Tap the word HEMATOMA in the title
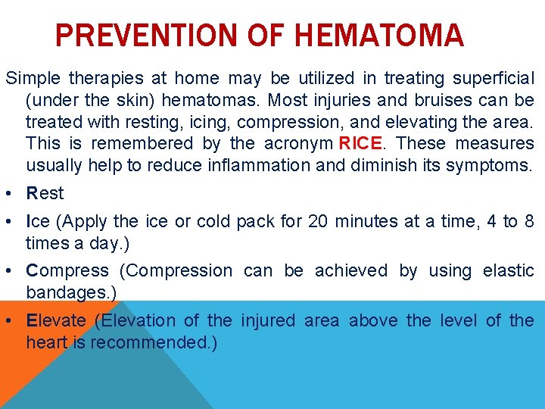(378, 35)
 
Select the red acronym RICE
(362, 143)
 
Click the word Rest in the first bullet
(45, 194)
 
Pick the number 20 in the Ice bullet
(318, 222)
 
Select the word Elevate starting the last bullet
(56, 321)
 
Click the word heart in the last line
(48, 342)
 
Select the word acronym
(297, 143)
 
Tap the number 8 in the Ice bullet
(528, 222)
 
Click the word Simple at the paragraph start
(33, 79)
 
